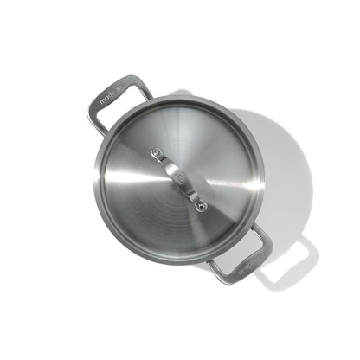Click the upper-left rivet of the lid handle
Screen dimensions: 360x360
coord(157,155)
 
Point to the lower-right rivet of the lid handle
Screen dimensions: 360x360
coord(201,206)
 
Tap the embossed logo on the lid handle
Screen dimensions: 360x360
coord(181,180)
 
